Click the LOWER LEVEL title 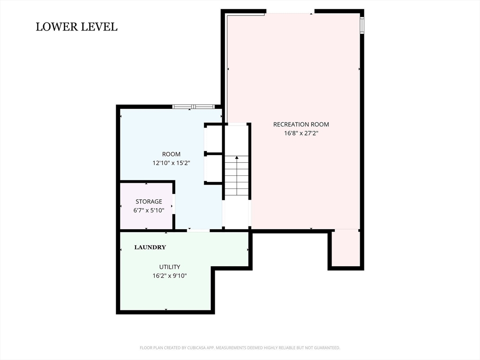pyautogui.click(x=76, y=27)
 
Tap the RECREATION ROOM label pyautogui.click(x=301, y=124)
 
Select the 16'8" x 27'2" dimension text pyautogui.click(x=301, y=133)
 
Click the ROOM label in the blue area pyautogui.click(x=171, y=154)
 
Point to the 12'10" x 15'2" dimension pyautogui.click(x=171, y=163)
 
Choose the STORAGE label pyautogui.click(x=149, y=202)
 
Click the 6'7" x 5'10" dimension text pyautogui.click(x=149, y=210)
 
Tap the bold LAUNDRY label pyautogui.click(x=150, y=247)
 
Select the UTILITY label pyautogui.click(x=170, y=267)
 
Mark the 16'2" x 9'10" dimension pyautogui.click(x=170, y=276)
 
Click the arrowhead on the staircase pyautogui.click(x=237, y=157)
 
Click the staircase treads pyautogui.click(x=237, y=176)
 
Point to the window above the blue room pyautogui.click(x=193, y=106)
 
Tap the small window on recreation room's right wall pyautogui.click(x=362, y=25)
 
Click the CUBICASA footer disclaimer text pyautogui.click(x=240, y=348)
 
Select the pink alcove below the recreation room pyautogui.click(x=345, y=248)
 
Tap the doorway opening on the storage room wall pyautogui.click(x=173, y=204)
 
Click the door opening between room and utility pyautogui.click(x=198, y=230)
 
